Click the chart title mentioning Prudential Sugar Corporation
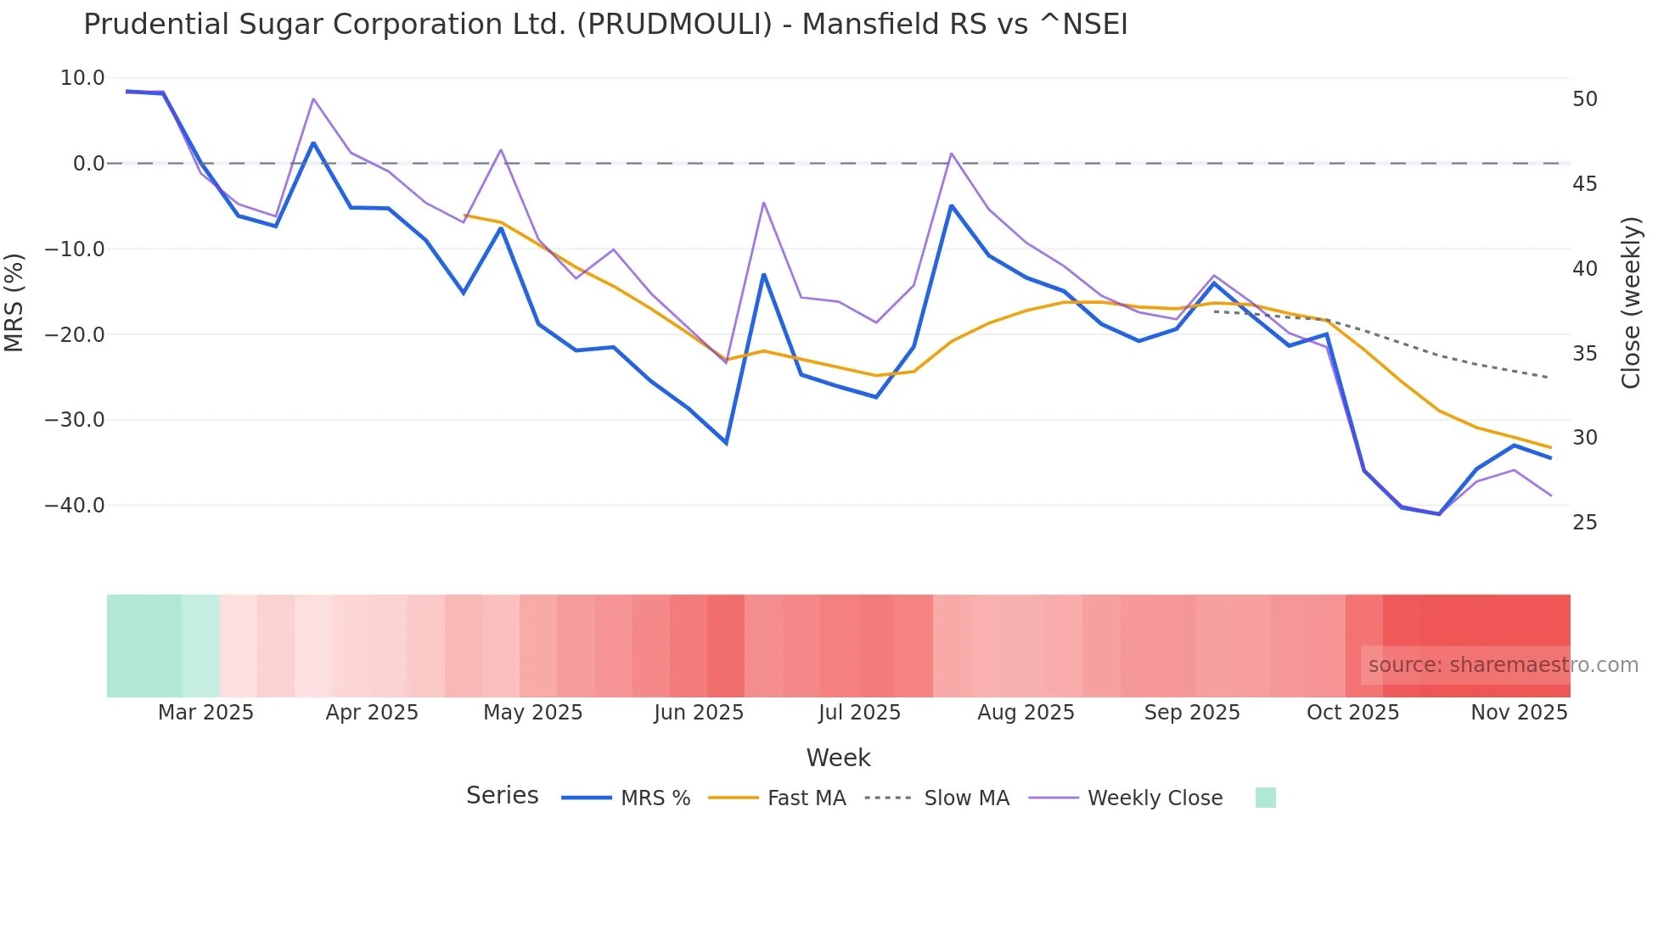[x=605, y=25]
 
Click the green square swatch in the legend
[x=1265, y=798]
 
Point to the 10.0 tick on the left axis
[x=82, y=78]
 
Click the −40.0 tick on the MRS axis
[x=75, y=506]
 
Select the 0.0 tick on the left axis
[x=88, y=164]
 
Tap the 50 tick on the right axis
[x=1585, y=99]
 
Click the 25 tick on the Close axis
[x=1585, y=523]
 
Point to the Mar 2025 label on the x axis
[x=205, y=713]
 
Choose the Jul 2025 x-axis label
[x=859, y=713]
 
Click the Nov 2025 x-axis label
[x=1519, y=713]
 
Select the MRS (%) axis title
[x=14, y=303]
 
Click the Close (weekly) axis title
[x=1631, y=303]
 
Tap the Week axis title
[x=838, y=758]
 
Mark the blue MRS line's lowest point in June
[x=726, y=443]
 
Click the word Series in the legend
[x=502, y=796]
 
